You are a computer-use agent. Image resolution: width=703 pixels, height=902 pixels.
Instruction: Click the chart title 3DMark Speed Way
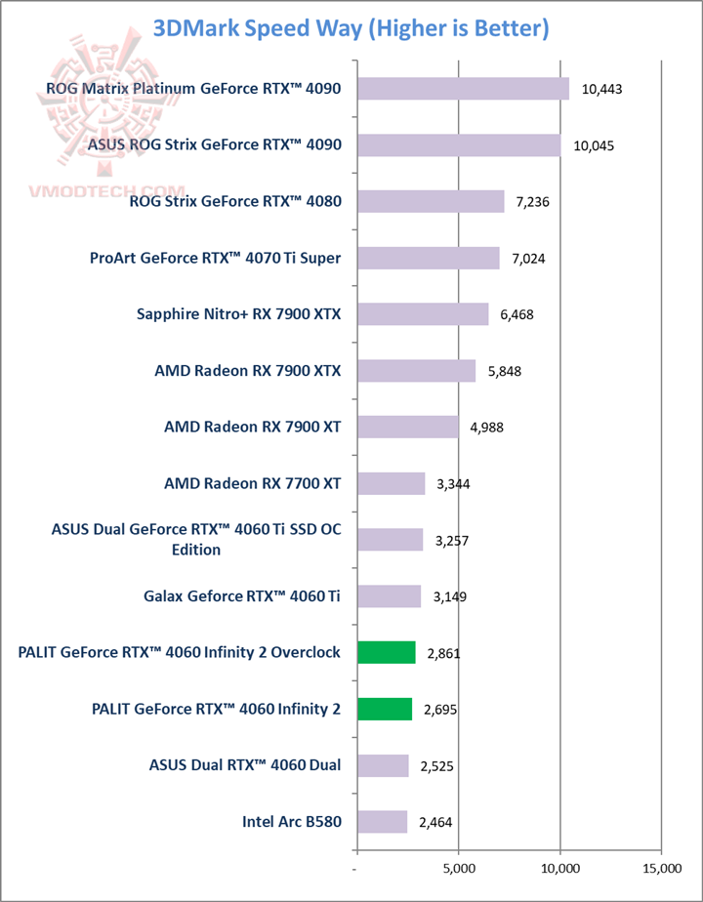351,28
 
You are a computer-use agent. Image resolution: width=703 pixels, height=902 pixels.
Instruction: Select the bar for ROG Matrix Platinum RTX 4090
463,89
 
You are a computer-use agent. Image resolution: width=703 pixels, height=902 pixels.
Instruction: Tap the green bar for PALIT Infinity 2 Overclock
387,653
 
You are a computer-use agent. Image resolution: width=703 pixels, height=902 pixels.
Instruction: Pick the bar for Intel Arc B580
382,822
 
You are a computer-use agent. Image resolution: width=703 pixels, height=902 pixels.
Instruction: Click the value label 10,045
595,145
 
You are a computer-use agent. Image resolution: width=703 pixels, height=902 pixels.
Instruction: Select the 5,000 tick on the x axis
458,867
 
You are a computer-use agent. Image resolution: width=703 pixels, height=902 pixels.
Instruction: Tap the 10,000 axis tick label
559,867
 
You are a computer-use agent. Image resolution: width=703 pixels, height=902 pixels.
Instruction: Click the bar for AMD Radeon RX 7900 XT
407,428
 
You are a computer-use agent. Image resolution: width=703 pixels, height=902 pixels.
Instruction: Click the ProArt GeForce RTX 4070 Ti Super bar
428,258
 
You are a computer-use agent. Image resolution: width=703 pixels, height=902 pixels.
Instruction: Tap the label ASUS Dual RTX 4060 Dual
245,765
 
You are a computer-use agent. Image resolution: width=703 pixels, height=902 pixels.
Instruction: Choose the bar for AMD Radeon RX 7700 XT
391,484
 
